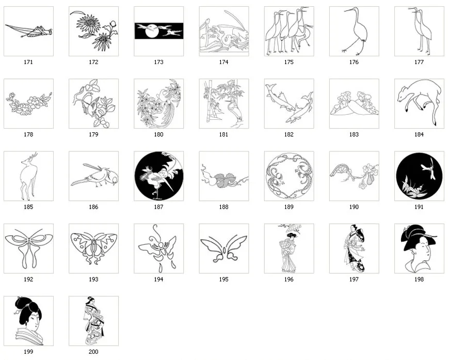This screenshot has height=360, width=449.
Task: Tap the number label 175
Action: pos(288,62)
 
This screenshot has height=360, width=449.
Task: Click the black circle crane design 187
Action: pos(158,176)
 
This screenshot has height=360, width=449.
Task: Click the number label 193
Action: pos(93,279)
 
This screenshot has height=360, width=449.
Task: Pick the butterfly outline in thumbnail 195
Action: pos(223,248)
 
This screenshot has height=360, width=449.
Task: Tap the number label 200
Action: pos(93,352)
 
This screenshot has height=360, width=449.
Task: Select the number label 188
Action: pos(223,207)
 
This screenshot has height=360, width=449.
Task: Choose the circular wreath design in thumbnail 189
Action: pos(288,176)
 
